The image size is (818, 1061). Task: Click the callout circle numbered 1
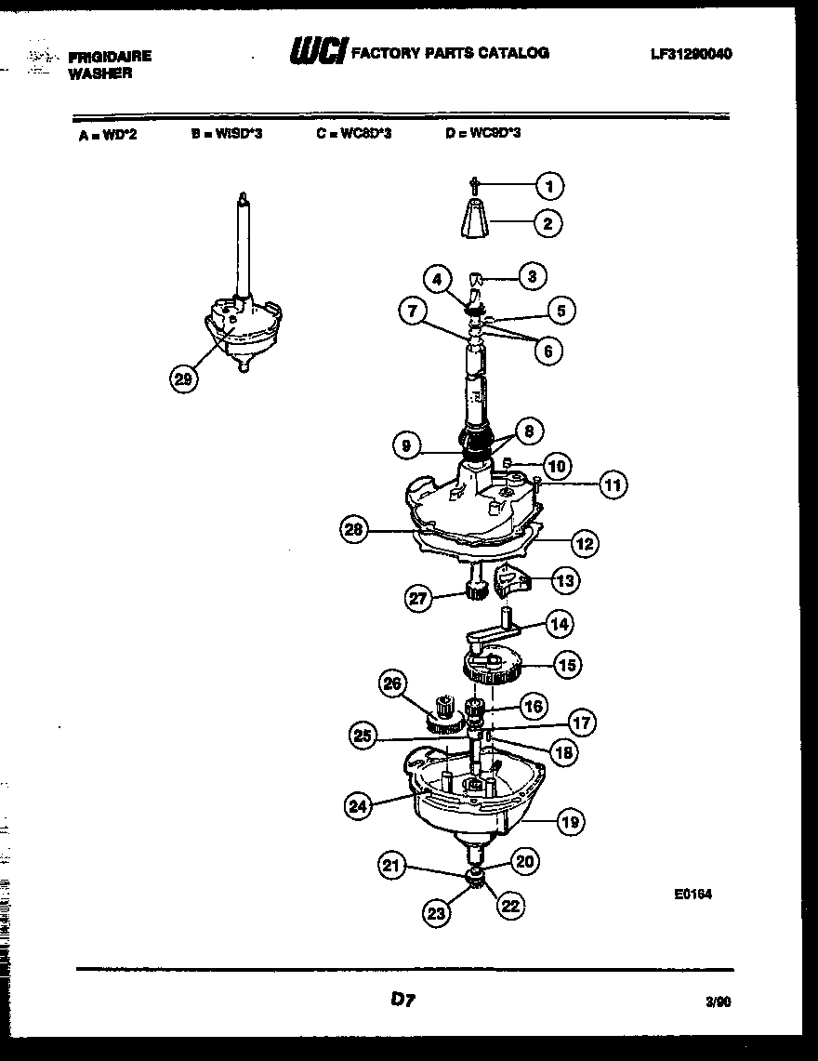tap(549, 187)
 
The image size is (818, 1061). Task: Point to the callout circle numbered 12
tap(584, 544)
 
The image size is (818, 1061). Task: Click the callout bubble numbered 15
tap(566, 664)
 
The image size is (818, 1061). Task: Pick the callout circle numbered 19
tap(569, 820)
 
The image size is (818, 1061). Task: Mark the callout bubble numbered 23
tap(437, 914)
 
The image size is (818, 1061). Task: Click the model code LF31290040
tap(691, 54)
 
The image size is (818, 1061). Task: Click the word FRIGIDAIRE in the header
tap(110, 57)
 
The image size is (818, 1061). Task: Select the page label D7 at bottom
tap(402, 1000)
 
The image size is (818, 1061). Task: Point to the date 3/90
tap(718, 1002)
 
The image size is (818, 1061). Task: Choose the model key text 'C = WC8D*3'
tap(353, 133)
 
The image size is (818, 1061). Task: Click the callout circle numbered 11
tap(612, 484)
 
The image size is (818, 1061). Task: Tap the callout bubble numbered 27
tap(419, 599)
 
